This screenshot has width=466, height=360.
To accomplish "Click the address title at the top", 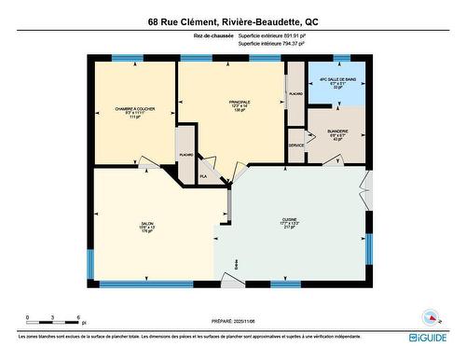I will click(232, 21).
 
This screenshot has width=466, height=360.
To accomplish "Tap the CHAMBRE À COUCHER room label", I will click(133, 109).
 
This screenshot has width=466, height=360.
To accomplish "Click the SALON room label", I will click(146, 227).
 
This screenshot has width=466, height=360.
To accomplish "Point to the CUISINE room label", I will click(289, 223).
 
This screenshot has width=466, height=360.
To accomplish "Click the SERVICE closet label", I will click(296, 146).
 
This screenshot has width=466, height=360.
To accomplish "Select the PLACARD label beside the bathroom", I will click(296, 94).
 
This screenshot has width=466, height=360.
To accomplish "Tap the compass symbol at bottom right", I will click(432, 317).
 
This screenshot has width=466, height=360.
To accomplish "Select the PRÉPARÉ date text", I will click(232, 318).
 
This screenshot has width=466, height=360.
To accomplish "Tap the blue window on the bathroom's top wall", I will click(337, 60).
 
